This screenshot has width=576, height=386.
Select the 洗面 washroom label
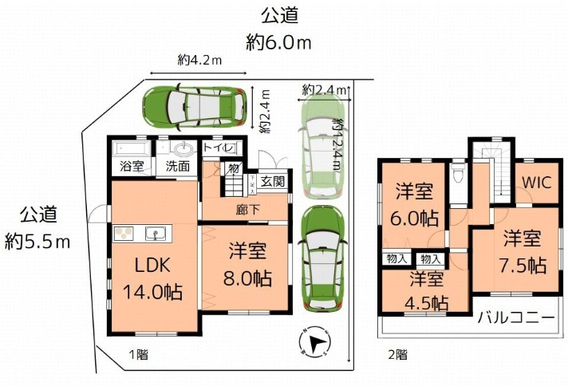click(x=177, y=167)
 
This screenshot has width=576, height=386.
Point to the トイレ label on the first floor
click(x=218, y=148)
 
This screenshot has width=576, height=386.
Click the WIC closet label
click(x=536, y=181)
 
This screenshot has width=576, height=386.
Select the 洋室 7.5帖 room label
click(x=523, y=251)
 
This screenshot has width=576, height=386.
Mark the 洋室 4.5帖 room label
click(x=428, y=290)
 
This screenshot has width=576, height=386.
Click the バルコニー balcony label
click(x=516, y=317)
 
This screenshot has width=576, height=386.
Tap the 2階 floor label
click(x=397, y=353)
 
